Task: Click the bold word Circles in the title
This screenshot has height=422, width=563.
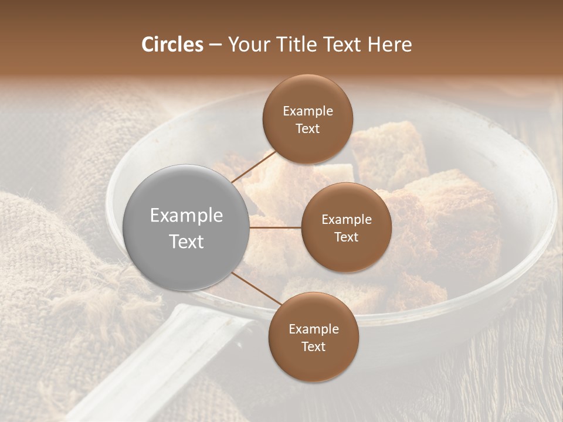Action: (172, 45)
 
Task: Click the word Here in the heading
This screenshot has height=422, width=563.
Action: (390, 45)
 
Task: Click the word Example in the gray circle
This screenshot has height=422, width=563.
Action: (186, 216)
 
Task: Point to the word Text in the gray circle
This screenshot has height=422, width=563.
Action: (186, 241)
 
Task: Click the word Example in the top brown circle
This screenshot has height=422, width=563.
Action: (308, 111)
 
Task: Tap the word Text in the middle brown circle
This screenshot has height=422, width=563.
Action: (346, 237)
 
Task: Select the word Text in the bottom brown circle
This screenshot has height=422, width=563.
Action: (313, 346)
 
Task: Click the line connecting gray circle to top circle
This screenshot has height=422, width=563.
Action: (254, 166)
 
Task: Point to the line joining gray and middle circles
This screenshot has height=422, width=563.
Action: (276, 227)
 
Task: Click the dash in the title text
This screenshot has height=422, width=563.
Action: (215, 45)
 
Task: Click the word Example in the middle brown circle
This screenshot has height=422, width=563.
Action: (346, 220)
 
